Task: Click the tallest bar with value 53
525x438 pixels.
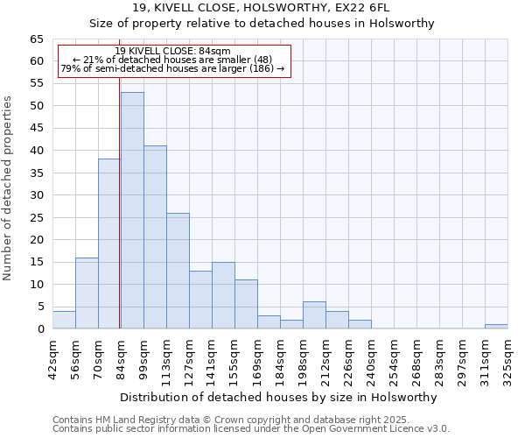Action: (132, 210)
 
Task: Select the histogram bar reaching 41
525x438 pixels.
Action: (155, 237)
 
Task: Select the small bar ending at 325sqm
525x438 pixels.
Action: (496, 327)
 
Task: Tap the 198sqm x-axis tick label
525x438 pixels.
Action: (303, 357)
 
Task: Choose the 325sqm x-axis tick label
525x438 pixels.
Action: (507, 357)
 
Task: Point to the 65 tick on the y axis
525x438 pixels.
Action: (36, 39)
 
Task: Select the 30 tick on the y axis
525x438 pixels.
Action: (36, 195)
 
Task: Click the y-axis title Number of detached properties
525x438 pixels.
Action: (9, 188)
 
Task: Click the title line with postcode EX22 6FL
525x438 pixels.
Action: (262, 8)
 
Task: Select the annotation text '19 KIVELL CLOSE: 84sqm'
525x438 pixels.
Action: (172, 52)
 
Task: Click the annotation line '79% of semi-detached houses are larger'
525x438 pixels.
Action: (172, 68)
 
